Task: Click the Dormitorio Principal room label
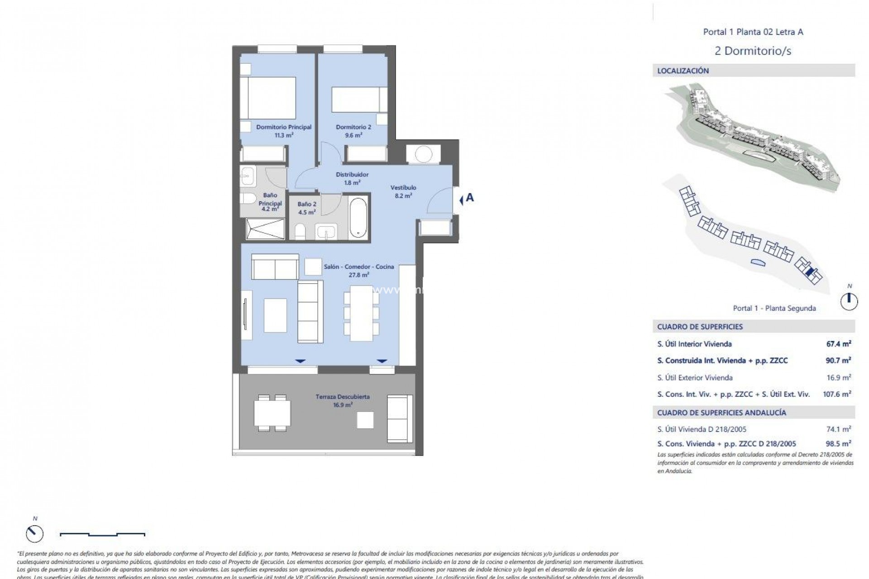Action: (284, 127)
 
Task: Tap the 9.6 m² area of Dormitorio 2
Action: (353, 135)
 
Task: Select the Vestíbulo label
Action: (403, 187)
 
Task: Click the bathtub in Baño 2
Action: (358, 217)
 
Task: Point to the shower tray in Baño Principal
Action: (265, 228)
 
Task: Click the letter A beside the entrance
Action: (470, 198)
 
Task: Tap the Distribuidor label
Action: (352, 175)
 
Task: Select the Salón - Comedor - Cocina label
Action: (359, 266)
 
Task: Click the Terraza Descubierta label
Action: (343, 397)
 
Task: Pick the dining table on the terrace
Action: (272, 413)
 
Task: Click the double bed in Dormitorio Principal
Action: (267, 98)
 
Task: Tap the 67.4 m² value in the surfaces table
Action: (838, 344)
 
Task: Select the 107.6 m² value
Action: (836, 394)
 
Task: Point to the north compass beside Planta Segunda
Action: (849, 301)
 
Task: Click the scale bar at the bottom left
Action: (103, 534)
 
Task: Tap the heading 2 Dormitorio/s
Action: (753, 51)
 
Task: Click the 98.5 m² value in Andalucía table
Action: (838, 444)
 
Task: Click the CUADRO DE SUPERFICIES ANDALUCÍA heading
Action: (721, 413)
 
